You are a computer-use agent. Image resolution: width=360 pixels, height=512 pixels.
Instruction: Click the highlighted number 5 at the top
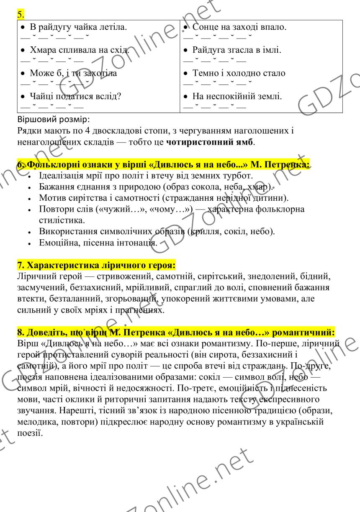pyautogui.click(x=21, y=15)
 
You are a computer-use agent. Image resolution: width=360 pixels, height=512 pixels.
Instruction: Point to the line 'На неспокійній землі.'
pyautogui.click(x=237, y=97)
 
